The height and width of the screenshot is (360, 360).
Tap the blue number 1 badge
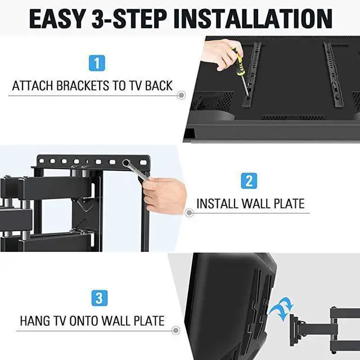97,62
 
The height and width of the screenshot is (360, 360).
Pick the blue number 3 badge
96,298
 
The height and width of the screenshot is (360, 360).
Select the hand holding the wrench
165,195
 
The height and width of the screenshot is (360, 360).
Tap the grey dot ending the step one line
181,96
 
